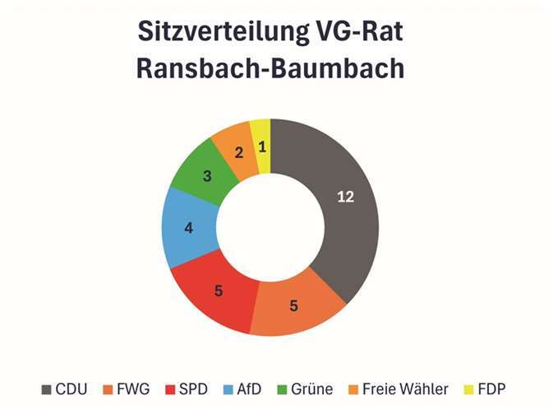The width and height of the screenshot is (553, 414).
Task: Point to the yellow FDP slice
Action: click(261, 144)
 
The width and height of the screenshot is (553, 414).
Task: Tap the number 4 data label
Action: click(188, 228)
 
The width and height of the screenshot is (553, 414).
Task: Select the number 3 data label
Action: click(207, 175)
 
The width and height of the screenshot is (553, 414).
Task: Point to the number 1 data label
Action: click(261, 147)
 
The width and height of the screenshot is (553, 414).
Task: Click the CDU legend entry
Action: click(67, 388)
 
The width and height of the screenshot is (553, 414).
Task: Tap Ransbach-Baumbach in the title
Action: click(270, 68)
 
